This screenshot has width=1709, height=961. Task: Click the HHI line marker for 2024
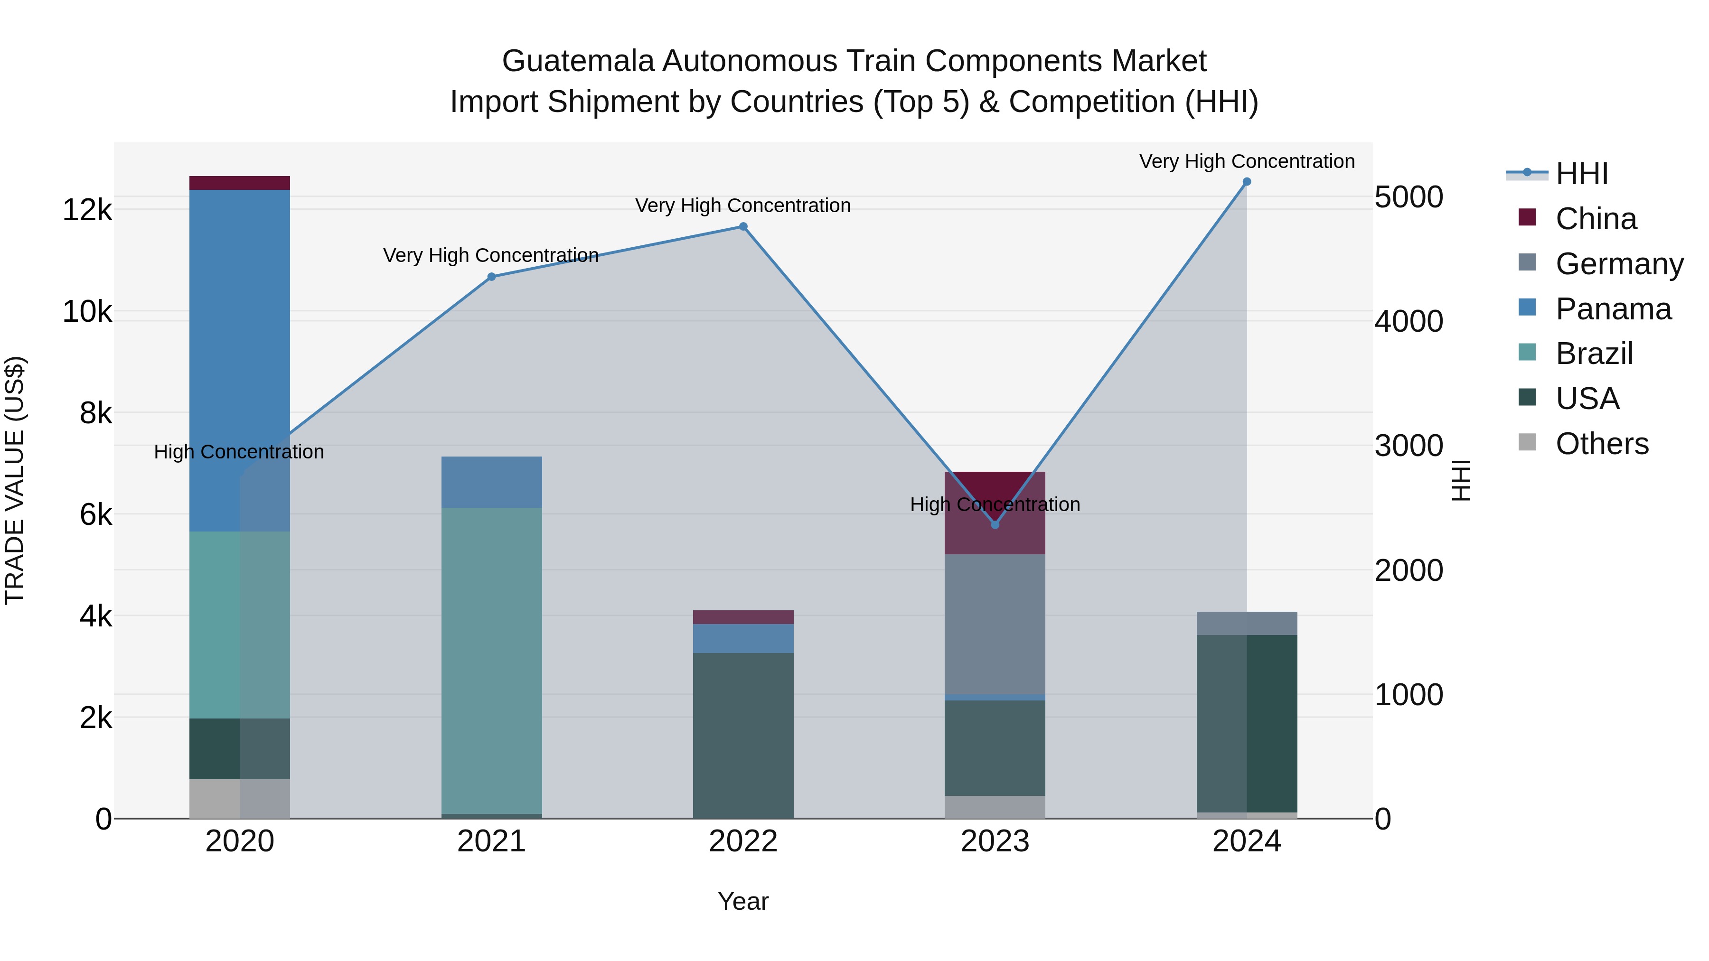[x=1247, y=182]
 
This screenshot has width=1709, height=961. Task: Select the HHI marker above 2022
[x=743, y=227]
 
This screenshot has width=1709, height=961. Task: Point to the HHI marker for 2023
[x=995, y=524]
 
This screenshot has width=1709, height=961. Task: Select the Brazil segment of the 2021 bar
[x=492, y=660]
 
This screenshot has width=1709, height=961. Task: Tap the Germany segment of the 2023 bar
[x=995, y=624]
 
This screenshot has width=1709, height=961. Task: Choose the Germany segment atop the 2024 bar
[x=1247, y=624]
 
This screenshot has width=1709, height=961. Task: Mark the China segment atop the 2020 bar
[x=240, y=183]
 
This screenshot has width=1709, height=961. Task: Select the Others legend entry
[x=1602, y=444]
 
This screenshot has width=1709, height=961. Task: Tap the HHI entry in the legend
[x=1582, y=174]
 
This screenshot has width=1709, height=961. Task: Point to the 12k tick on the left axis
[x=87, y=210]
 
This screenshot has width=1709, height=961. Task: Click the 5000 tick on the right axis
[x=1409, y=197]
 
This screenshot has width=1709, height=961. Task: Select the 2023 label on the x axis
[x=995, y=841]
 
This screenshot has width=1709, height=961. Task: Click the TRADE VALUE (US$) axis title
[x=15, y=480]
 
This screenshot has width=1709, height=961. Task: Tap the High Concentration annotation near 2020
[x=239, y=452]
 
